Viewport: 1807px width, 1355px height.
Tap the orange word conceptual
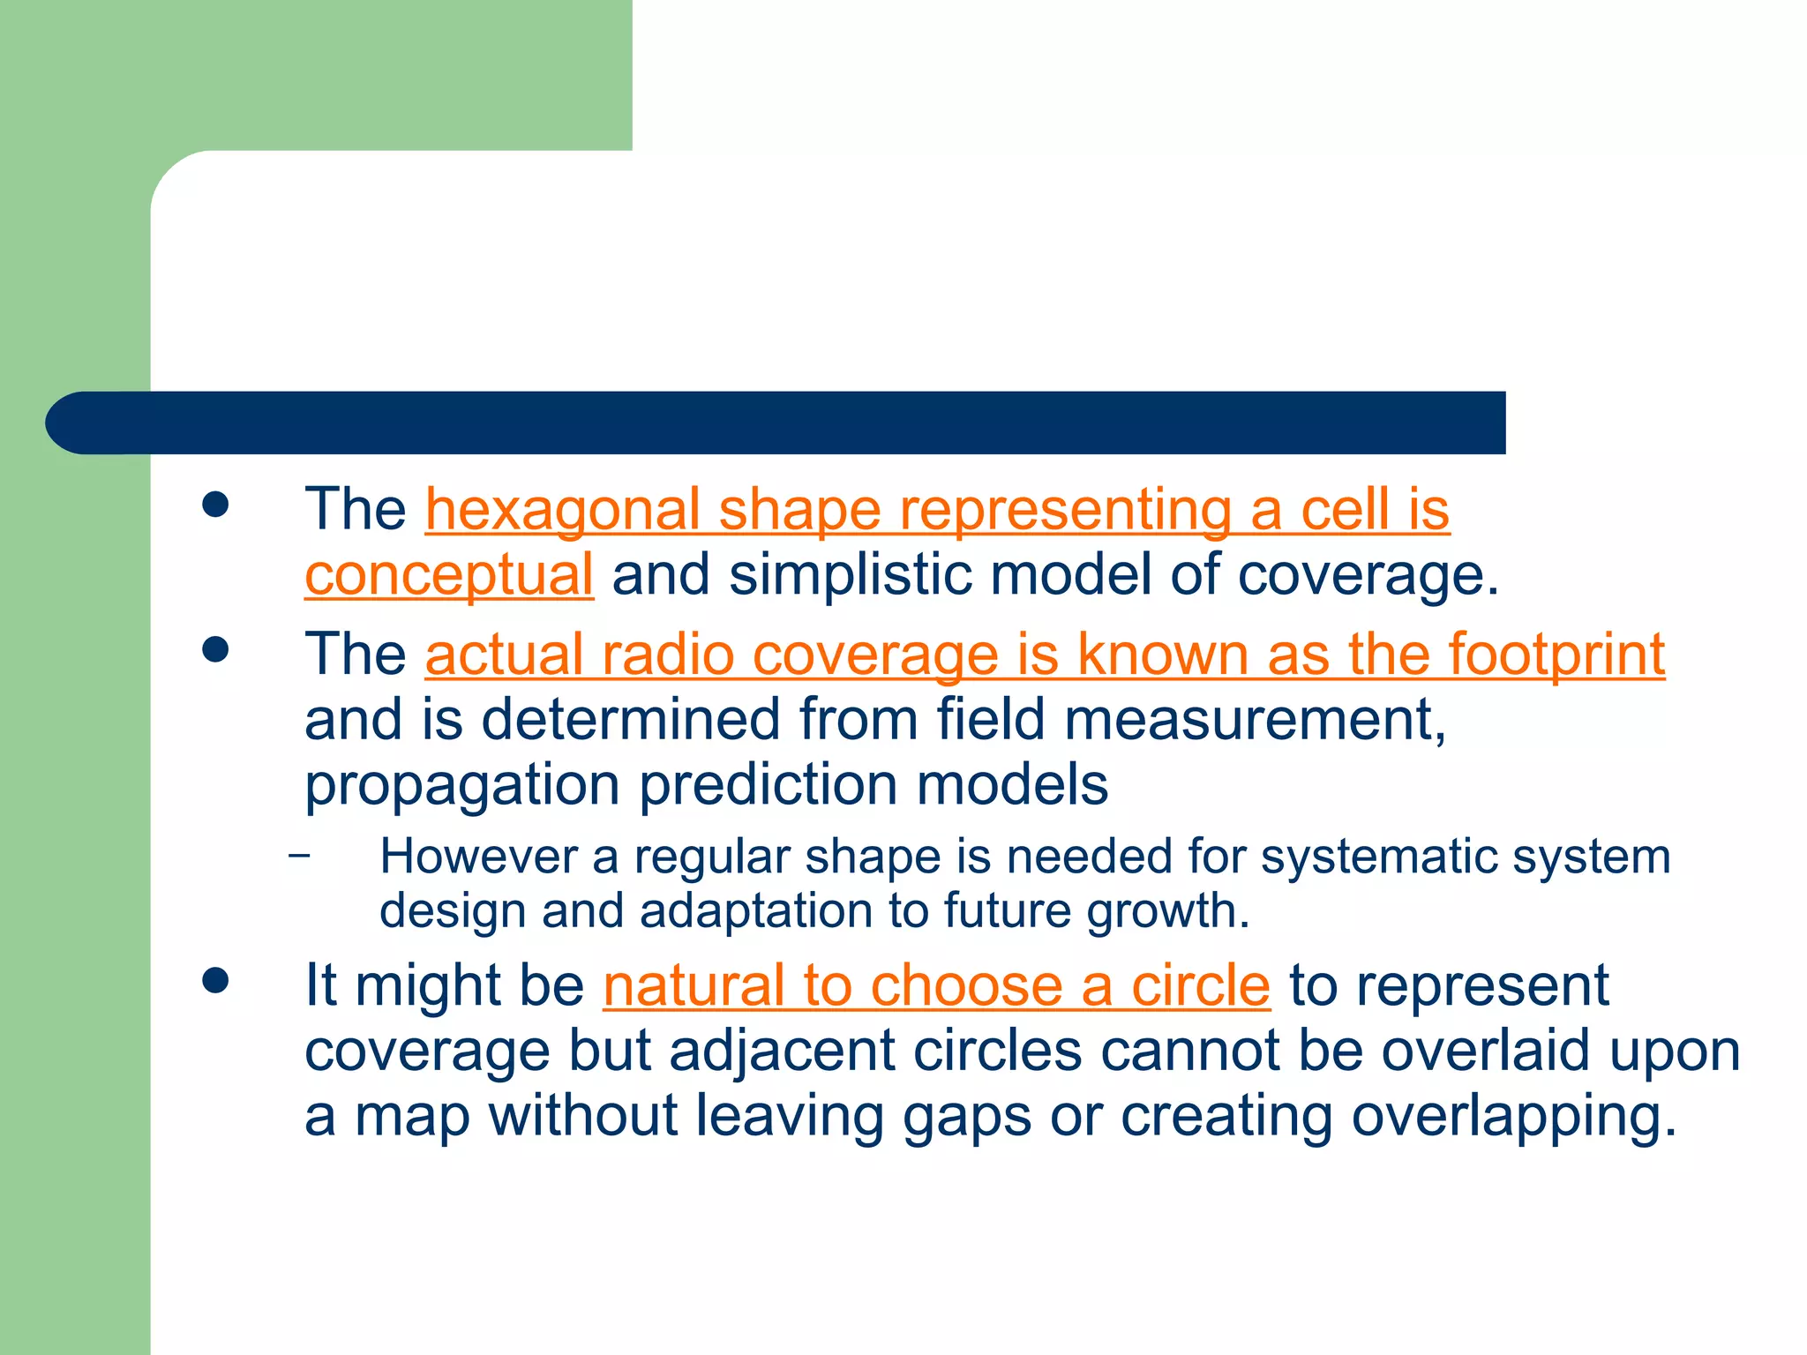449,575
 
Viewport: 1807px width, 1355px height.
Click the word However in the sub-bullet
477,857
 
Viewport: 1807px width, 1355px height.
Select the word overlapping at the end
1512,1116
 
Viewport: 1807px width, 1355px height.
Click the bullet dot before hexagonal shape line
215,505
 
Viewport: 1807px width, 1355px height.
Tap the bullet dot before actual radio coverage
215,651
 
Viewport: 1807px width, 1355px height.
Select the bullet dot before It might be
215,981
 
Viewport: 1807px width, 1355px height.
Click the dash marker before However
300,855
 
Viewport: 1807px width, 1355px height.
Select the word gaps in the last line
966,1118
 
